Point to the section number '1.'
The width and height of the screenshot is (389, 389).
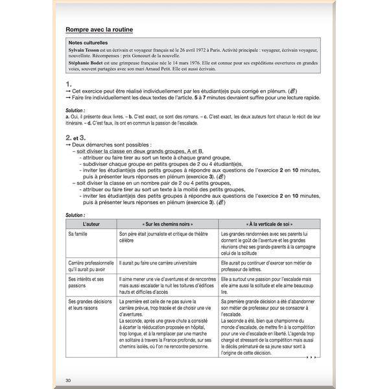(x=69, y=84)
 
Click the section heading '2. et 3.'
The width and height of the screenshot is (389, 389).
(x=76, y=137)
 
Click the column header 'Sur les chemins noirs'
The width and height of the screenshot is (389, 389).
(x=167, y=222)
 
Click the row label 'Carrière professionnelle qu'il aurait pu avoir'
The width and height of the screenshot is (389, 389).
(x=90, y=266)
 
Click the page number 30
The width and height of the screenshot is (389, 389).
(x=68, y=379)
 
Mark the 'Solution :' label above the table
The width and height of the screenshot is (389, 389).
(x=75, y=215)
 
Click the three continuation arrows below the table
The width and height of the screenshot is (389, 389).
(x=312, y=357)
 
